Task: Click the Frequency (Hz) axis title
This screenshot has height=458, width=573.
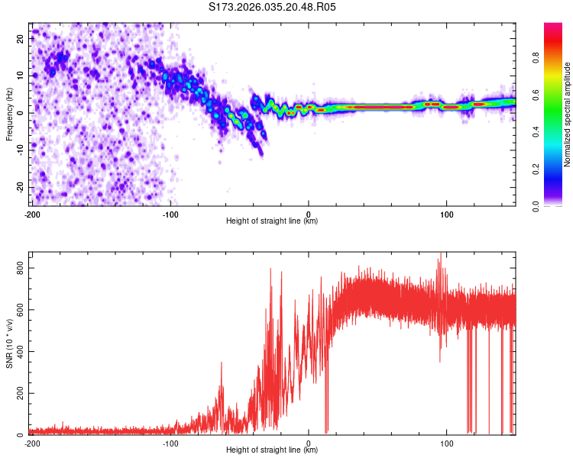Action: (9, 114)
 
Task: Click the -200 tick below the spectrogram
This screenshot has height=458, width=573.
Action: (32, 214)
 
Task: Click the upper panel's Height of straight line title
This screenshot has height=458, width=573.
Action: (272, 221)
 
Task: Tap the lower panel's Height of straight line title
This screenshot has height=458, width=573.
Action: (272, 450)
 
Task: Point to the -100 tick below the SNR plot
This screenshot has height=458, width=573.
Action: (170, 443)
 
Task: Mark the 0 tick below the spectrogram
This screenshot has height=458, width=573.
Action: (309, 214)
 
